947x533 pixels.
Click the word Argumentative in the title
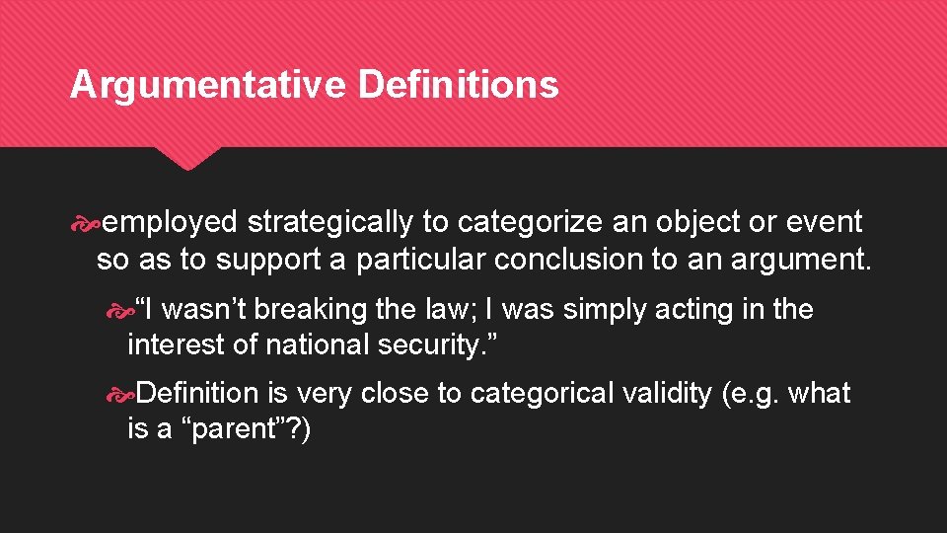[x=207, y=85]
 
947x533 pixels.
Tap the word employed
[x=170, y=223]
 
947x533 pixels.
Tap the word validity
[x=667, y=394]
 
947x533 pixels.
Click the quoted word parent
[x=234, y=430]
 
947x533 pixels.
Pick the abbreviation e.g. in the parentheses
[x=755, y=394]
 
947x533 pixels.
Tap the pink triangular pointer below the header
[x=189, y=158]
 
